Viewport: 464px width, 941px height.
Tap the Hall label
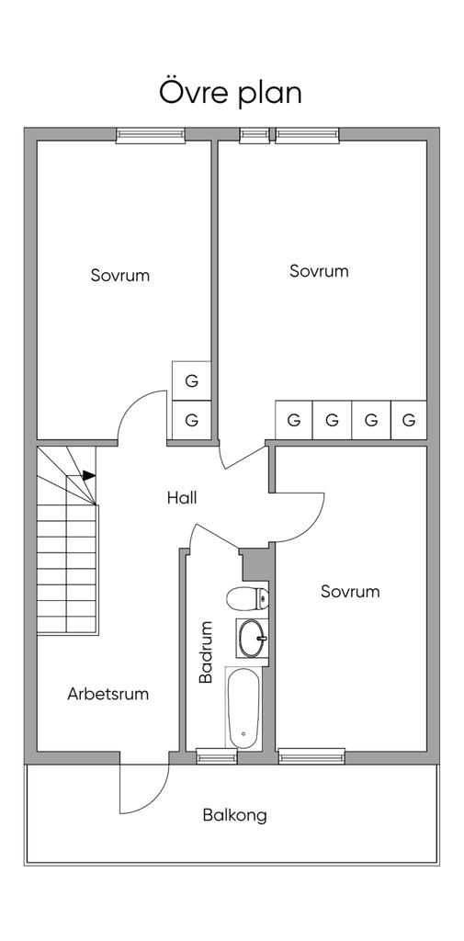click(182, 497)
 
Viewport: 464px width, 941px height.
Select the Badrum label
click(207, 652)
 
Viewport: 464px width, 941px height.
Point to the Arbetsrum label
click(108, 695)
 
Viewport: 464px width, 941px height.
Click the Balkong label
click(234, 816)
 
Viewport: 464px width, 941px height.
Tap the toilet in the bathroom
click(247, 597)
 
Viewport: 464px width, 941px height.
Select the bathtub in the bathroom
click(243, 708)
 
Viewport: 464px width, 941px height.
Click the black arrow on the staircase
click(89, 475)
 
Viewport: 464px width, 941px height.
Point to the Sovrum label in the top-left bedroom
click(120, 276)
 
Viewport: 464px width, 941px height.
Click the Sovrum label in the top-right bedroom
click(319, 271)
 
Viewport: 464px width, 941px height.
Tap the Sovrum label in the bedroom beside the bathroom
click(350, 591)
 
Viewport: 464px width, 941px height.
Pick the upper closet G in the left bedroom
click(191, 381)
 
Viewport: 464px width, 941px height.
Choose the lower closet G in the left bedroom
click(191, 420)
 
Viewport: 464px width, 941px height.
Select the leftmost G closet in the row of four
click(293, 420)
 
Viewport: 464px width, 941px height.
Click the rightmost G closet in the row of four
click(409, 420)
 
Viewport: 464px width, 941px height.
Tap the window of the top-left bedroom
click(150, 135)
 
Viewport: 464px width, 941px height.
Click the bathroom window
click(209, 756)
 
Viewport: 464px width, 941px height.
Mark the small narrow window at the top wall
click(255, 135)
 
